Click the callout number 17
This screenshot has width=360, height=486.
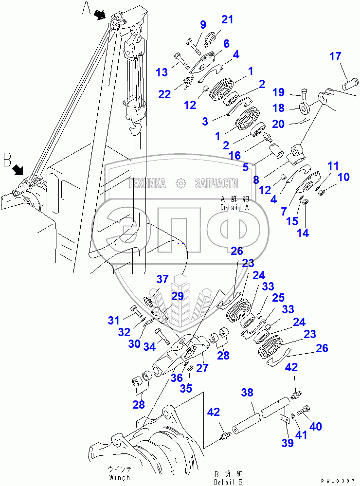(x=335, y=56)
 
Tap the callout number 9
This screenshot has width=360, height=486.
(x=203, y=25)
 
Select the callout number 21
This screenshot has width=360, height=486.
(x=228, y=19)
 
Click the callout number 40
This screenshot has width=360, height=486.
(x=316, y=427)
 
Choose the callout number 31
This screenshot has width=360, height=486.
(x=113, y=320)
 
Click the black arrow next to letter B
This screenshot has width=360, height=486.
(x=18, y=169)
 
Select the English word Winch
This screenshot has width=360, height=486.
(x=119, y=478)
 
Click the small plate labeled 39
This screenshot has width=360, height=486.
(x=284, y=419)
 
